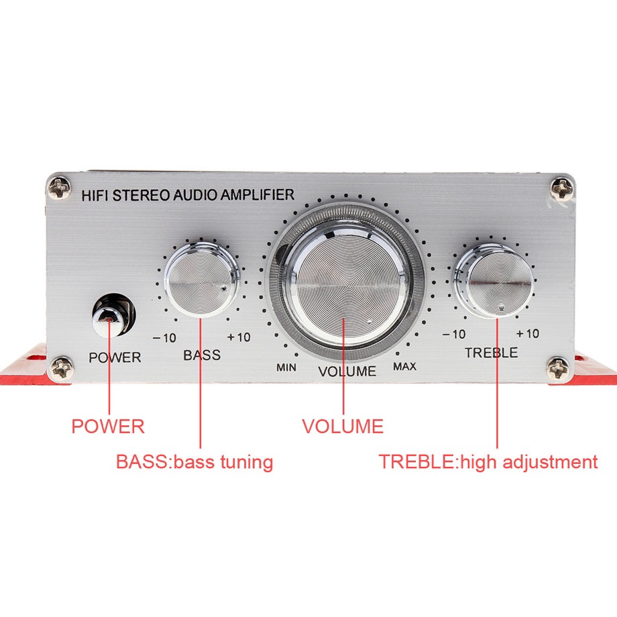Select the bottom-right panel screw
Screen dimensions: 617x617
[x=558, y=368]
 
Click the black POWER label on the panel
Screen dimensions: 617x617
[x=115, y=357]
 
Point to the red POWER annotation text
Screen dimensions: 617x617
[x=108, y=426]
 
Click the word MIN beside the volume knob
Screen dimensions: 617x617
[x=286, y=367]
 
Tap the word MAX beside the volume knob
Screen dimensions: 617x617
[x=404, y=366]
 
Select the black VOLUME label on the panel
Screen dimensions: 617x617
[x=347, y=371]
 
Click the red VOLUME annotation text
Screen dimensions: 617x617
[x=343, y=426]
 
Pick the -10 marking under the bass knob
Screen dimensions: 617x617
[x=164, y=337]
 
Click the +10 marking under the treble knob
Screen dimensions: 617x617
[x=528, y=334]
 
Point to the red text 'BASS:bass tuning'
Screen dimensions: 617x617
[x=194, y=462]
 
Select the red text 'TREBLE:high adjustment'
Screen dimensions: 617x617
[x=488, y=462]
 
